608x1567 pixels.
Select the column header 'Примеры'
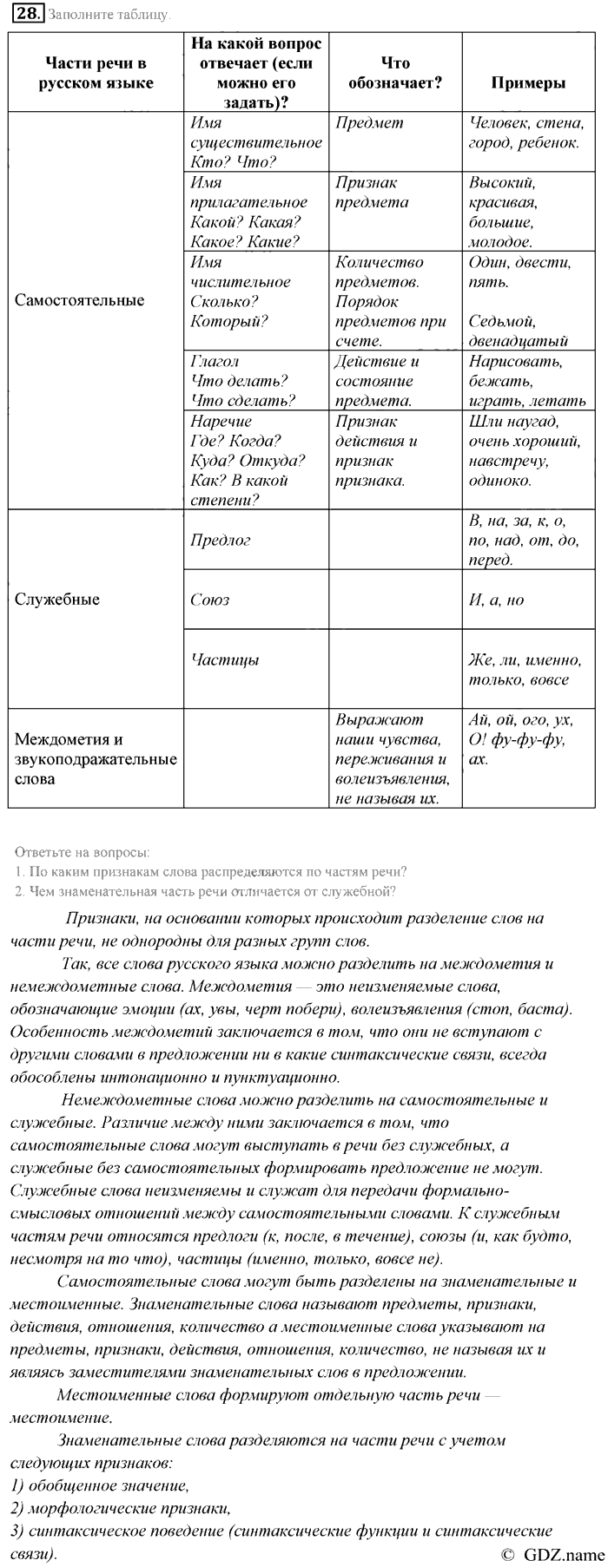point(528,82)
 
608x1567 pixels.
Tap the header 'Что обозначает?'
point(395,73)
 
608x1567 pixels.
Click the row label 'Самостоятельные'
point(80,300)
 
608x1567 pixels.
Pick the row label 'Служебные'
point(57,600)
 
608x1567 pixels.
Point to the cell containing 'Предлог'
point(221,540)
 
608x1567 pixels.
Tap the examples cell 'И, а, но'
point(496,600)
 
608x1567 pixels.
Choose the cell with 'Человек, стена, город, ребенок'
point(523,133)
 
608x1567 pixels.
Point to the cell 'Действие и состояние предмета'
point(377,381)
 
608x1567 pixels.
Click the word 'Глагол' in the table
point(214,361)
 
